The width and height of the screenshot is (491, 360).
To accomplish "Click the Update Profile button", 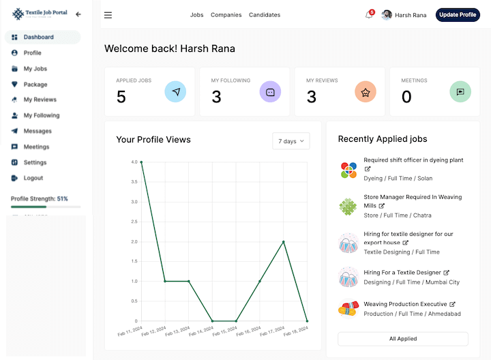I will (458, 15).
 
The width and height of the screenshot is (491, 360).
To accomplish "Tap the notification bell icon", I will (369, 15).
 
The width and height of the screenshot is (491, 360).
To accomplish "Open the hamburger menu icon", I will (108, 15).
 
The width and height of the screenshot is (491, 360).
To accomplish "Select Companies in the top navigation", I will (226, 15).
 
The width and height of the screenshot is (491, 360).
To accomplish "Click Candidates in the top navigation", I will (265, 15).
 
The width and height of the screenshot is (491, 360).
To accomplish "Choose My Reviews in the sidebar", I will (40, 100).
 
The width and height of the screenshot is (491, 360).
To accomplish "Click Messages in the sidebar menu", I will (38, 131).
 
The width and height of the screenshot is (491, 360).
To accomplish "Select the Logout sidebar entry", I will (33, 178).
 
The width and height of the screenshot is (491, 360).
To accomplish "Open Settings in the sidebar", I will (35, 162).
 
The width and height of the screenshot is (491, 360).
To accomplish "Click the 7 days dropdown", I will (291, 141).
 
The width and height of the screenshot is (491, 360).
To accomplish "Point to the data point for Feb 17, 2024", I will (284, 241).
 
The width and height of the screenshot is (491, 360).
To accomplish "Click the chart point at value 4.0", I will (141, 162).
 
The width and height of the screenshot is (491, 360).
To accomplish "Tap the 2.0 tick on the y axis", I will (134, 241).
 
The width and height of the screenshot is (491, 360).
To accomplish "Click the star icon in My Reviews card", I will (365, 91).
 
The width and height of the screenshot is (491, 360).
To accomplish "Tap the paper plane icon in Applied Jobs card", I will (175, 91).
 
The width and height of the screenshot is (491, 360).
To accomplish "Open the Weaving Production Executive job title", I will (405, 304).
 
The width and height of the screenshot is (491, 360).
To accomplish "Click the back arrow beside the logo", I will (78, 14).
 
